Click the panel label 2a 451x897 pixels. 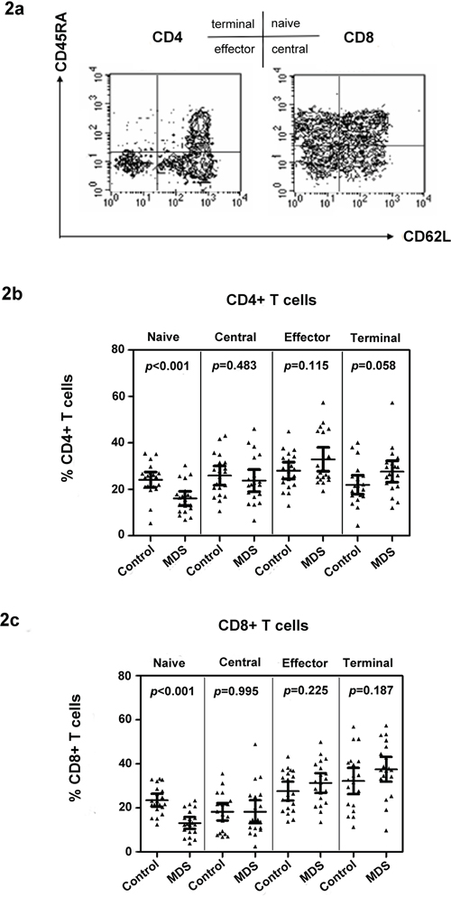(x=15, y=12)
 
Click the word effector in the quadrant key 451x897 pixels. (x=234, y=50)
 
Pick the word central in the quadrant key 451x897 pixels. (x=290, y=50)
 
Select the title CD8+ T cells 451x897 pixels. (x=268, y=625)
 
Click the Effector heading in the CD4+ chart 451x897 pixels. (x=307, y=337)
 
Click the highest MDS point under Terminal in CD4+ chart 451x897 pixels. (x=392, y=402)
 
